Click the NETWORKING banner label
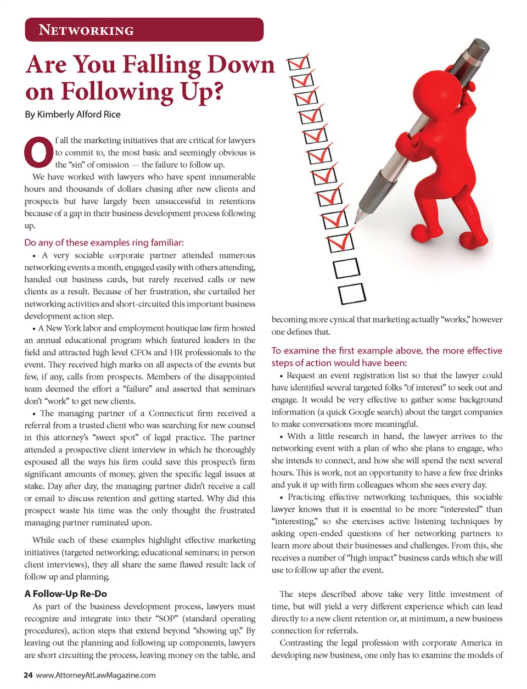point(86,30)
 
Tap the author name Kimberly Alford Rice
point(79,114)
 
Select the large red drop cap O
point(38,152)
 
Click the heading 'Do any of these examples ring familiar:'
point(104,242)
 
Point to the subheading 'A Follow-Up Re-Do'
point(65,593)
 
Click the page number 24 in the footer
point(28,675)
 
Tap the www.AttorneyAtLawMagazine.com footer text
point(96,675)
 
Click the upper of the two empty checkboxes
point(346,268)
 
